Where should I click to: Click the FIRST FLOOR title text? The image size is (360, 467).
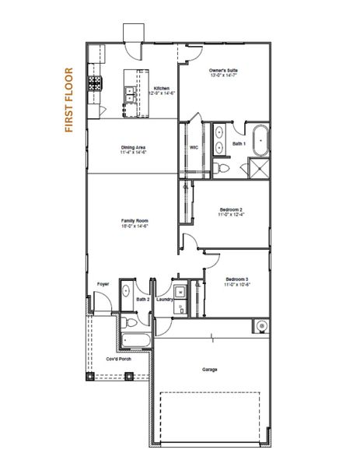(x=69, y=101)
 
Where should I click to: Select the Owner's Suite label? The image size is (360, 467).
(x=223, y=73)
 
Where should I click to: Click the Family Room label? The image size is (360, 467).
(x=134, y=224)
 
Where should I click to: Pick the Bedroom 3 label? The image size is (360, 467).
(x=236, y=281)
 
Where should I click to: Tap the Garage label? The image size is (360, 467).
(x=210, y=369)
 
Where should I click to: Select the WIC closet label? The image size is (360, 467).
(x=193, y=147)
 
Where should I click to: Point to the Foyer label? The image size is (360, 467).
(x=102, y=284)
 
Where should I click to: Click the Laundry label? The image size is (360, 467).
(x=164, y=299)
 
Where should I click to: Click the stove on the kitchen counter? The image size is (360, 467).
(x=96, y=82)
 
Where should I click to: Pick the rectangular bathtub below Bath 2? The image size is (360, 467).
(x=137, y=341)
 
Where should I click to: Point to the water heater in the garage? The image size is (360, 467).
(x=262, y=325)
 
